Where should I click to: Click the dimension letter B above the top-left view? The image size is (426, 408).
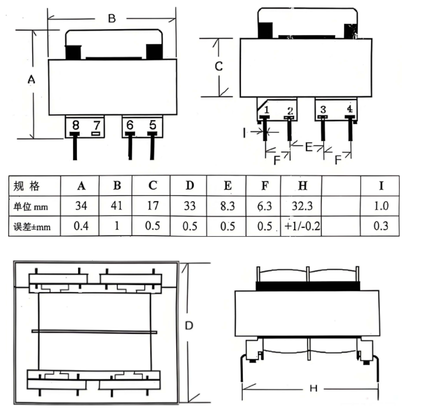(111, 19)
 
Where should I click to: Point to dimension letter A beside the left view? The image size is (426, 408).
(32, 79)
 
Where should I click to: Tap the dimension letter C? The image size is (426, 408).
(219, 66)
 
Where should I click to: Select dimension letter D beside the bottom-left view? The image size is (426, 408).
(189, 326)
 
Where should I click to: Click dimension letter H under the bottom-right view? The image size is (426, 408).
(314, 389)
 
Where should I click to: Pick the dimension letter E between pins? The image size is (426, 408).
(309, 147)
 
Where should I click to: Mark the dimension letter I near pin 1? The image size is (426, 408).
(245, 133)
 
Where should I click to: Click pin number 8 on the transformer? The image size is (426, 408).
(76, 125)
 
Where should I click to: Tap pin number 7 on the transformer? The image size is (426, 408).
(97, 125)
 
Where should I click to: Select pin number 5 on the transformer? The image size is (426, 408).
(153, 125)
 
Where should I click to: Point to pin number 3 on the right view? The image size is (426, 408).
(323, 110)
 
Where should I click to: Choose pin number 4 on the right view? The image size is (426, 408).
(350, 109)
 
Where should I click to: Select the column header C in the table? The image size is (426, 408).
(153, 185)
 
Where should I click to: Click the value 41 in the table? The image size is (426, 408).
(117, 206)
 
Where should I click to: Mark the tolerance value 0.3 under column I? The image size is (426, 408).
(381, 226)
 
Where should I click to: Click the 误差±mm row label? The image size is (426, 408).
(32, 227)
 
